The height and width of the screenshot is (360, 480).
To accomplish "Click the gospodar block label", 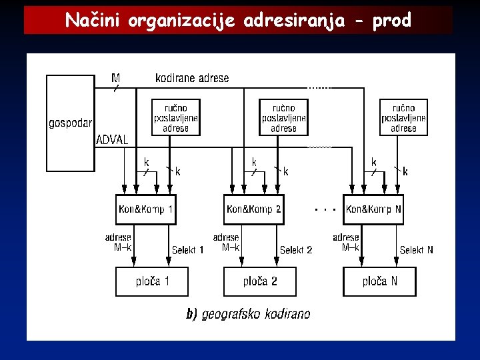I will [x=70, y=123].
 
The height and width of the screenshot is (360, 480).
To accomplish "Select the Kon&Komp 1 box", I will [x=145, y=209].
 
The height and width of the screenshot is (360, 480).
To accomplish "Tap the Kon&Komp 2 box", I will [x=253, y=209].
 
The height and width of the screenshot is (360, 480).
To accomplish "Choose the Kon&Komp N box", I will [x=373, y=209].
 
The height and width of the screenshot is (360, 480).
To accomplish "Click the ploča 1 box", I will [x=152, y=281].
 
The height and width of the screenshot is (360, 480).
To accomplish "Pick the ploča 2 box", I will [x=259, y=281].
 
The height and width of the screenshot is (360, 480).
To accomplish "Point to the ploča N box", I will [x=379, y=281].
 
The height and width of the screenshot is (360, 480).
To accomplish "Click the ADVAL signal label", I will [x=112, y=140].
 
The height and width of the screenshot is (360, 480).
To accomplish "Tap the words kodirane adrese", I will [x=192, y=78].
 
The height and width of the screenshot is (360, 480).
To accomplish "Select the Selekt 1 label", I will [x=188, y=250].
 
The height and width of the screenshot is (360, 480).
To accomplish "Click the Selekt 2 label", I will [x=296, y=250].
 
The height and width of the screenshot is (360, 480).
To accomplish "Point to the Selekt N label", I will [x=416, y=250].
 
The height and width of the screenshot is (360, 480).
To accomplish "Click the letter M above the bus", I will [x=116, y=78].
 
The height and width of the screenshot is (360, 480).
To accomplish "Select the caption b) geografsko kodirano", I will [x=247, y=314].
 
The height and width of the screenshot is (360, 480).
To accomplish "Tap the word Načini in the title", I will [x=93, y=21].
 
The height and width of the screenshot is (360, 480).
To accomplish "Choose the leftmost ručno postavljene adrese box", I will [x=176, y=117].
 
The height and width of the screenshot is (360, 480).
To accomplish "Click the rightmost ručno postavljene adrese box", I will [x=403, y=117].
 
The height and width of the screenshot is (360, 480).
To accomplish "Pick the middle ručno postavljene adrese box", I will [x=283, y=117].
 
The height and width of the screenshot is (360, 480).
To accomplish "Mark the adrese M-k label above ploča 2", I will [x=227, y=242].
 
